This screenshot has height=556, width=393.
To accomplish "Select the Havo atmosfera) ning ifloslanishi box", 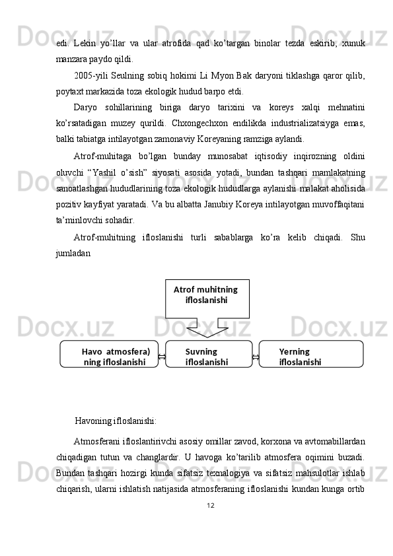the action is tap(110, 354).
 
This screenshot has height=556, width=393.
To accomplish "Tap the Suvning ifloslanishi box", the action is tap(208, 354).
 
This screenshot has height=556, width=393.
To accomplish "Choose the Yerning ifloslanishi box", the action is tap(310, 354).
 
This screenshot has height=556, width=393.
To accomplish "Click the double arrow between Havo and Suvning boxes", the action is tap(162, 357).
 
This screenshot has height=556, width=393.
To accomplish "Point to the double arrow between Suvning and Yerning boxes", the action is tap(256, 357).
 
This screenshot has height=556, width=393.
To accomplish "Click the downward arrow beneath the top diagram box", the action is tap(207, 328).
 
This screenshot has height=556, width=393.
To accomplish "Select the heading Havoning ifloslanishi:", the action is tap(116, 420).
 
